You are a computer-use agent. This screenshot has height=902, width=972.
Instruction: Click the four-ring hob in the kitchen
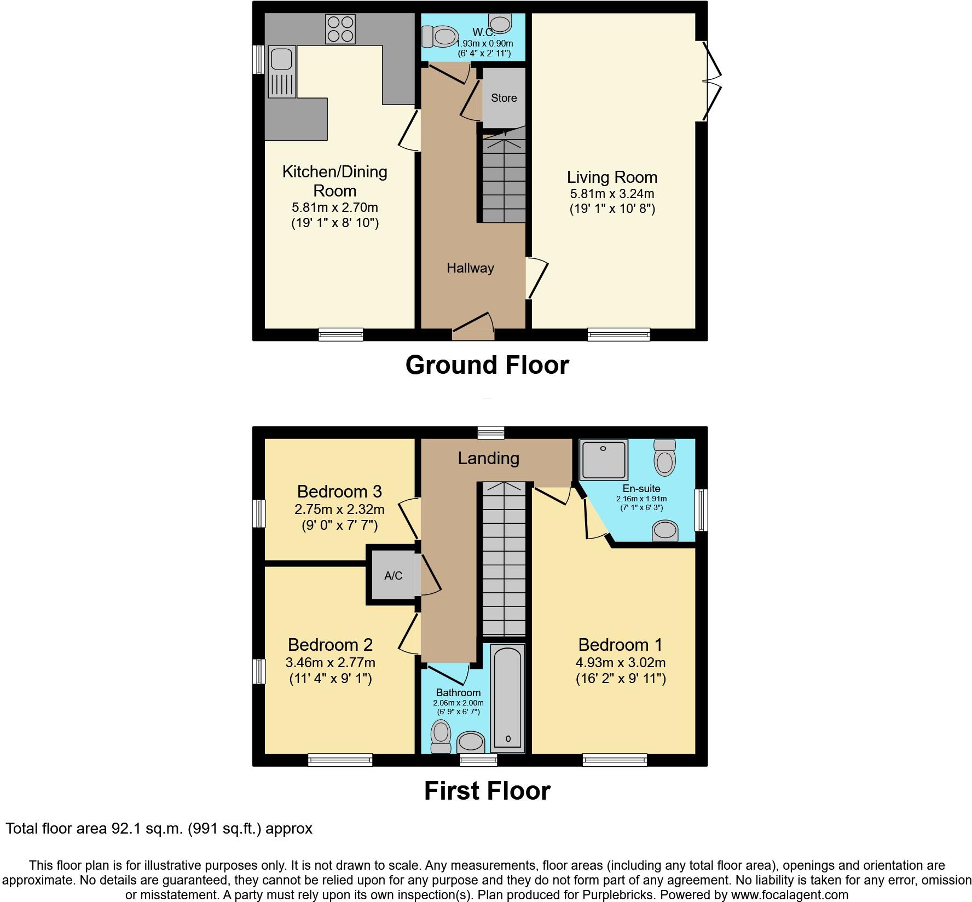click(340, 28)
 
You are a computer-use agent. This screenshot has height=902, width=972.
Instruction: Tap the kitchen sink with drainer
click(282, 71)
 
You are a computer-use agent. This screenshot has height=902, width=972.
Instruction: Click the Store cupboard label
click(504, 98)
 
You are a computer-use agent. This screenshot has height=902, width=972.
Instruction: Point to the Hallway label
click(470, 268)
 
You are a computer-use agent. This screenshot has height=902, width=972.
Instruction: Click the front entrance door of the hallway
click(473, 327)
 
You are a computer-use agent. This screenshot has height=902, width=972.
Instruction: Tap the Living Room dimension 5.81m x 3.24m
click(612, 194)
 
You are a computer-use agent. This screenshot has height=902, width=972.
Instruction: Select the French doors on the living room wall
click(711, 82)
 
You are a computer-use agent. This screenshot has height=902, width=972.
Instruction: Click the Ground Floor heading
click(487, 365)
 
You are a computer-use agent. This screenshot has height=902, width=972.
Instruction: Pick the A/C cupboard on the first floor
click(393, 575)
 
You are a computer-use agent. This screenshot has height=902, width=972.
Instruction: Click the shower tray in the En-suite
click(604, 459)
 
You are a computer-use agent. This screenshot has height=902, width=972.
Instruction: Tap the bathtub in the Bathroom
click(508, 698)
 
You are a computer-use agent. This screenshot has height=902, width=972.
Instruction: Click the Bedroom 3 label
click(339, 491)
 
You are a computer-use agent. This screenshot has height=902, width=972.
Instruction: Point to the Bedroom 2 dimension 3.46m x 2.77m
click(331, 663)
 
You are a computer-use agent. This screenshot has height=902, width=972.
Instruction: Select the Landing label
click(488, 458)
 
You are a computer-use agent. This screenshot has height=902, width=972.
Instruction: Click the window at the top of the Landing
click(490, 432)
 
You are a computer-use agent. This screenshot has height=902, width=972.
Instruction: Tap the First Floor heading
click(487, 791)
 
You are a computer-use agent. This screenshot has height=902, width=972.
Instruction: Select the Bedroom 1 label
click(620, 644)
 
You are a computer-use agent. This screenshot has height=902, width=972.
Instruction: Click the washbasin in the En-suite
click(665, 530)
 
